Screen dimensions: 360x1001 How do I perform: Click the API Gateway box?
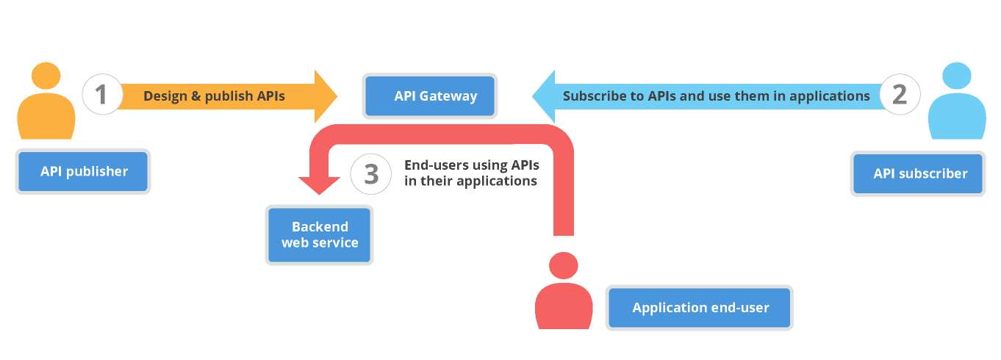pos(429,96)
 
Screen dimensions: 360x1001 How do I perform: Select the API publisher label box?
pos(83,172)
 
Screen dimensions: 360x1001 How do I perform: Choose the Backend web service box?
pos(320,234)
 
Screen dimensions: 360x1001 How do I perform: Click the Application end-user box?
pos(700,308)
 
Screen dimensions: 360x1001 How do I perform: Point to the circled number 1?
pos(103,95)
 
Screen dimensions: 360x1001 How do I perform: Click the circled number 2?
pos(899,95)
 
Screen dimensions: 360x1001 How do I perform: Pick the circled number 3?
pos(371,174)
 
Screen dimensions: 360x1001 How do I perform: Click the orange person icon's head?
pos(46,76)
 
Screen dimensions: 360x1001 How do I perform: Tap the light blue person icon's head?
pos(956,76)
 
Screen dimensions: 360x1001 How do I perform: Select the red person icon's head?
pos(564,266)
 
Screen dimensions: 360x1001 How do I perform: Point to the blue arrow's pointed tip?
pos(535,96)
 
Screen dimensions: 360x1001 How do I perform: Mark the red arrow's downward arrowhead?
pos(319,187)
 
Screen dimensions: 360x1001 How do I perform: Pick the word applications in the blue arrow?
pos(833,96)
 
